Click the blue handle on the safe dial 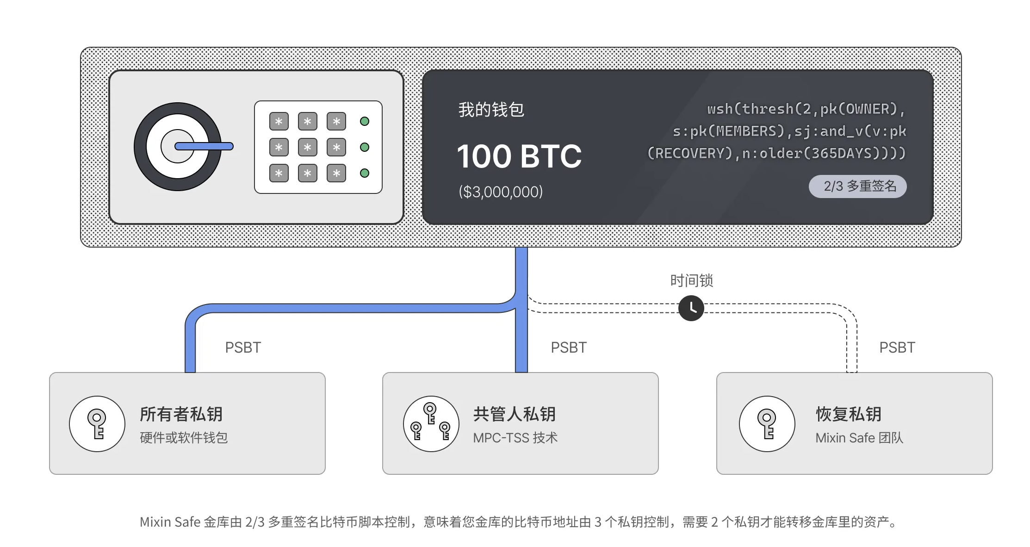[204, 146]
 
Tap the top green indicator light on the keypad [365, 121]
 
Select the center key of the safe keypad [308, 147]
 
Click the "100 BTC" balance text [519, 156]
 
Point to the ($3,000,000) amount [501, 192]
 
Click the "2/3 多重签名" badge [857, 186]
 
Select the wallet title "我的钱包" [491, 110]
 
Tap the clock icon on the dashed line [691, 308]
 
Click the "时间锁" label [692, 280]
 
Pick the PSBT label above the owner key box [243, 347]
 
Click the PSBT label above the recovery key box [897, 347]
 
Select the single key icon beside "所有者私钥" [97, 423]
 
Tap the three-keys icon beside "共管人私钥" [431, 423]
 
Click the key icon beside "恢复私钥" [767, 423]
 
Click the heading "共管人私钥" [515, 414]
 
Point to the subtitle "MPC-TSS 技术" [515, 438]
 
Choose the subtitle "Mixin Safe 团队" [859, 438]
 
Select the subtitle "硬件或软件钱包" [184, 438]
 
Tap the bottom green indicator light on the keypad [365, 173]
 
